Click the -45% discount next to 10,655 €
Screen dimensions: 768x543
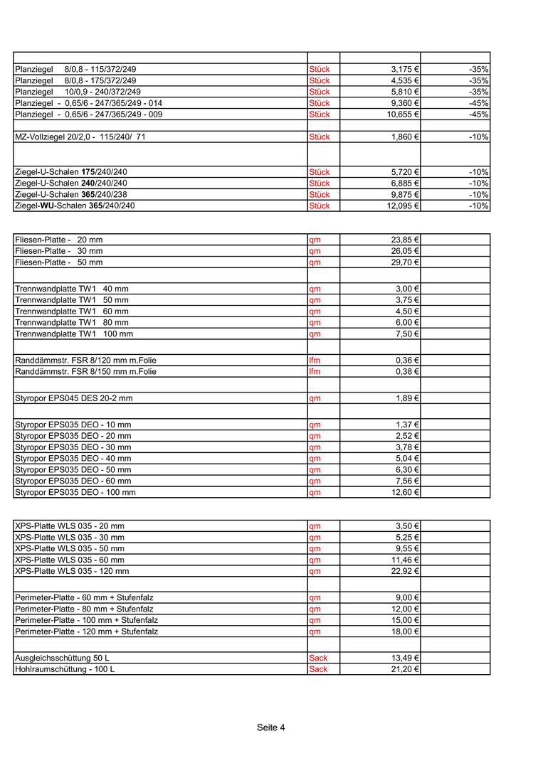pos(478,114)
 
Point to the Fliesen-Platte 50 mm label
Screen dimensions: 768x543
pos(58,262)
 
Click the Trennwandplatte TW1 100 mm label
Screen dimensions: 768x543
pos(73,334)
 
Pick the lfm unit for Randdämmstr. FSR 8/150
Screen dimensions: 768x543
pos(315,372)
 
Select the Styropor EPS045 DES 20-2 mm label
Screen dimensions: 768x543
pos(73,399)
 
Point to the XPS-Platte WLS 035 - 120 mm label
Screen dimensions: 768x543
pos(72,572)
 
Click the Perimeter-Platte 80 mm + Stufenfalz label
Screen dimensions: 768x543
pos(84,609)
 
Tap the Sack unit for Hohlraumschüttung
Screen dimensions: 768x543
pos(318,670)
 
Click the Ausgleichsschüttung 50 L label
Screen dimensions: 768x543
pos(62,658)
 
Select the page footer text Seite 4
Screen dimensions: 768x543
pos(271,728)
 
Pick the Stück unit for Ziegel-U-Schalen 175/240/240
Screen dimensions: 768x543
pos(320,173)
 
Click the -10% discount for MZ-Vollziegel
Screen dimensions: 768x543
pos(478,137)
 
